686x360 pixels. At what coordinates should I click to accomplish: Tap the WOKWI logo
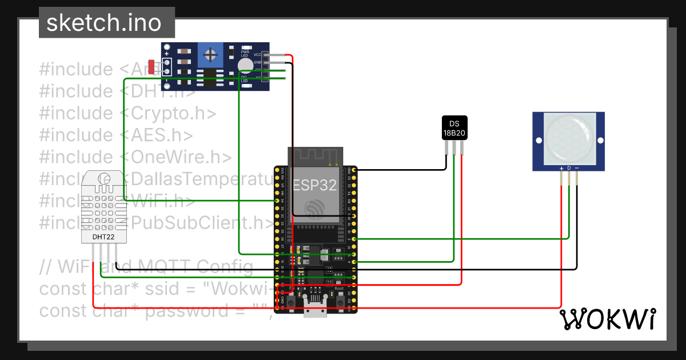pyautogui.click(x=607, y=319)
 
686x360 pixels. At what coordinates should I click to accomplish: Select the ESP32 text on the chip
pyautogui.click(x=314, y=185)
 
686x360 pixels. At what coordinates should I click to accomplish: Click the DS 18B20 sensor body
pyautogui.click(x=454, y=128)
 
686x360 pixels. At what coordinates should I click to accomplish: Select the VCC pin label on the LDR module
pyautogui.click(x=257, y=54)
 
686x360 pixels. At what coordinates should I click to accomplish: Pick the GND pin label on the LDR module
pyautogui.click(x=257, y=62)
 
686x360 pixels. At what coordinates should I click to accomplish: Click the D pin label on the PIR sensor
pyautogui.click(x=569, y=168)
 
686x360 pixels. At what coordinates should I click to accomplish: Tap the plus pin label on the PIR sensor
pyautogui.click(x=561, y=168)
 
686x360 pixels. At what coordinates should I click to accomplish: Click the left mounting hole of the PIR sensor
pyautogui.click(x=538, y=141)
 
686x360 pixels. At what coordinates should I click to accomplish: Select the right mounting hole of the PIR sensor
pyautogui.click(x=600, y=141)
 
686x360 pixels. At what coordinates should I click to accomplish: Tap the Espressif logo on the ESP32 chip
pyautogui.click(x=314, y=209)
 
